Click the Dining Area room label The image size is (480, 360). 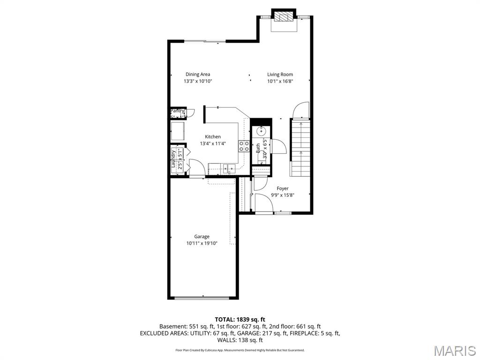tap(197, 74)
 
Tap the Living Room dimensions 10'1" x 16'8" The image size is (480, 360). tap(280, 81)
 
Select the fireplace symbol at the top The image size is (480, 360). tap(284, 17)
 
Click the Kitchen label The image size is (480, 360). tap(212, 137)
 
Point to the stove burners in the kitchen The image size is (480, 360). tap(244, 146)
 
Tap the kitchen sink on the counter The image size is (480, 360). tap(229, 167)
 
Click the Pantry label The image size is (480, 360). tap(177, 111)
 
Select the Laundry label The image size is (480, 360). tap(173, 159)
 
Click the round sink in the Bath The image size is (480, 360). tap(262, 132)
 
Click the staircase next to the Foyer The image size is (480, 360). tap(300, 148)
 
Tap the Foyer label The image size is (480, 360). tap(282, 188)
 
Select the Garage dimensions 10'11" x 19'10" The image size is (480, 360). tap(202, 243)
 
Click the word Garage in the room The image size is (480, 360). tap(202, 237)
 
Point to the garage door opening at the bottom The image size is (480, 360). tap(203, 297)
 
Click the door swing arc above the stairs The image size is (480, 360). tap(300, 111)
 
